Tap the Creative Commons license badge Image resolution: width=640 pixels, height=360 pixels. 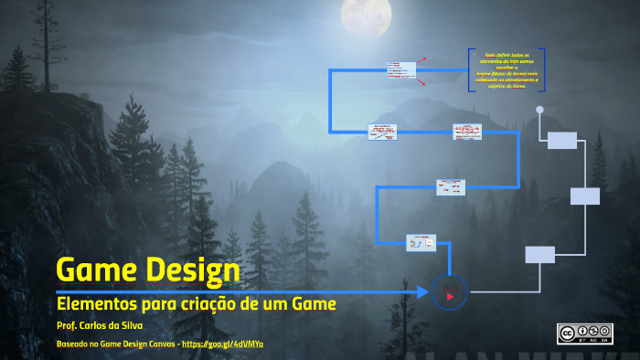coord(584,334)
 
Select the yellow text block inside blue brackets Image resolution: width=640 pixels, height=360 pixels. coord(506,70)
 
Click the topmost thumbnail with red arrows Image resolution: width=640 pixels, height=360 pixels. coord(401,70)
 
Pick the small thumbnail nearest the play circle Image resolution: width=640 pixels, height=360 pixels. coord(421,242)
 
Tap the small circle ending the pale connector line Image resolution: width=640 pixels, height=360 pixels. coord(539,111)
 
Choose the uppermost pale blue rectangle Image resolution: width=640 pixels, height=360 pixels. coord(562,140)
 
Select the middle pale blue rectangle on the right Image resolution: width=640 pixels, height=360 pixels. coord(585,196)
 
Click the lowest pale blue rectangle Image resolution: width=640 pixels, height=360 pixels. coord(540,255)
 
